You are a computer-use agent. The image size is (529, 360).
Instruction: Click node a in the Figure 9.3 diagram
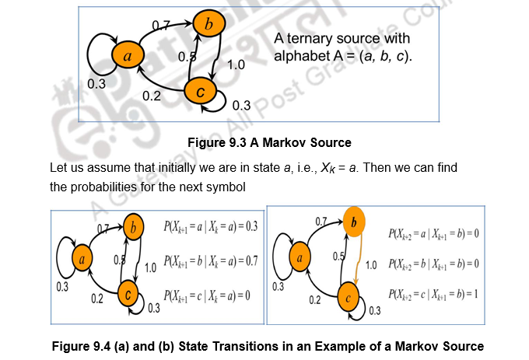pos(128,56)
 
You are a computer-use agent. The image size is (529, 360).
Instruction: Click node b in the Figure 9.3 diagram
pos(207,25)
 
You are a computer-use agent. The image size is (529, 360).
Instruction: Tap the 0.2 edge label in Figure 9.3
pos(151,95)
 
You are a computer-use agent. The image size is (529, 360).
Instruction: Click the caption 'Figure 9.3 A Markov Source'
pos(269,142)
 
